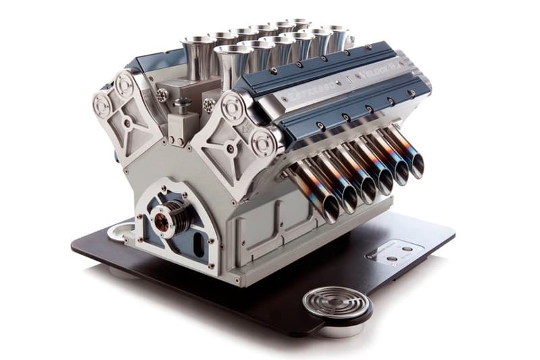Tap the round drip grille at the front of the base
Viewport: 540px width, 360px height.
coord(335,302)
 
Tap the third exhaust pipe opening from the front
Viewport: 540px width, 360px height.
coord(369,190)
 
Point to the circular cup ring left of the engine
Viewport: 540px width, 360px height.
coord(119,232)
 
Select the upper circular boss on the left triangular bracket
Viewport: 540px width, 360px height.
coord(125,84)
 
